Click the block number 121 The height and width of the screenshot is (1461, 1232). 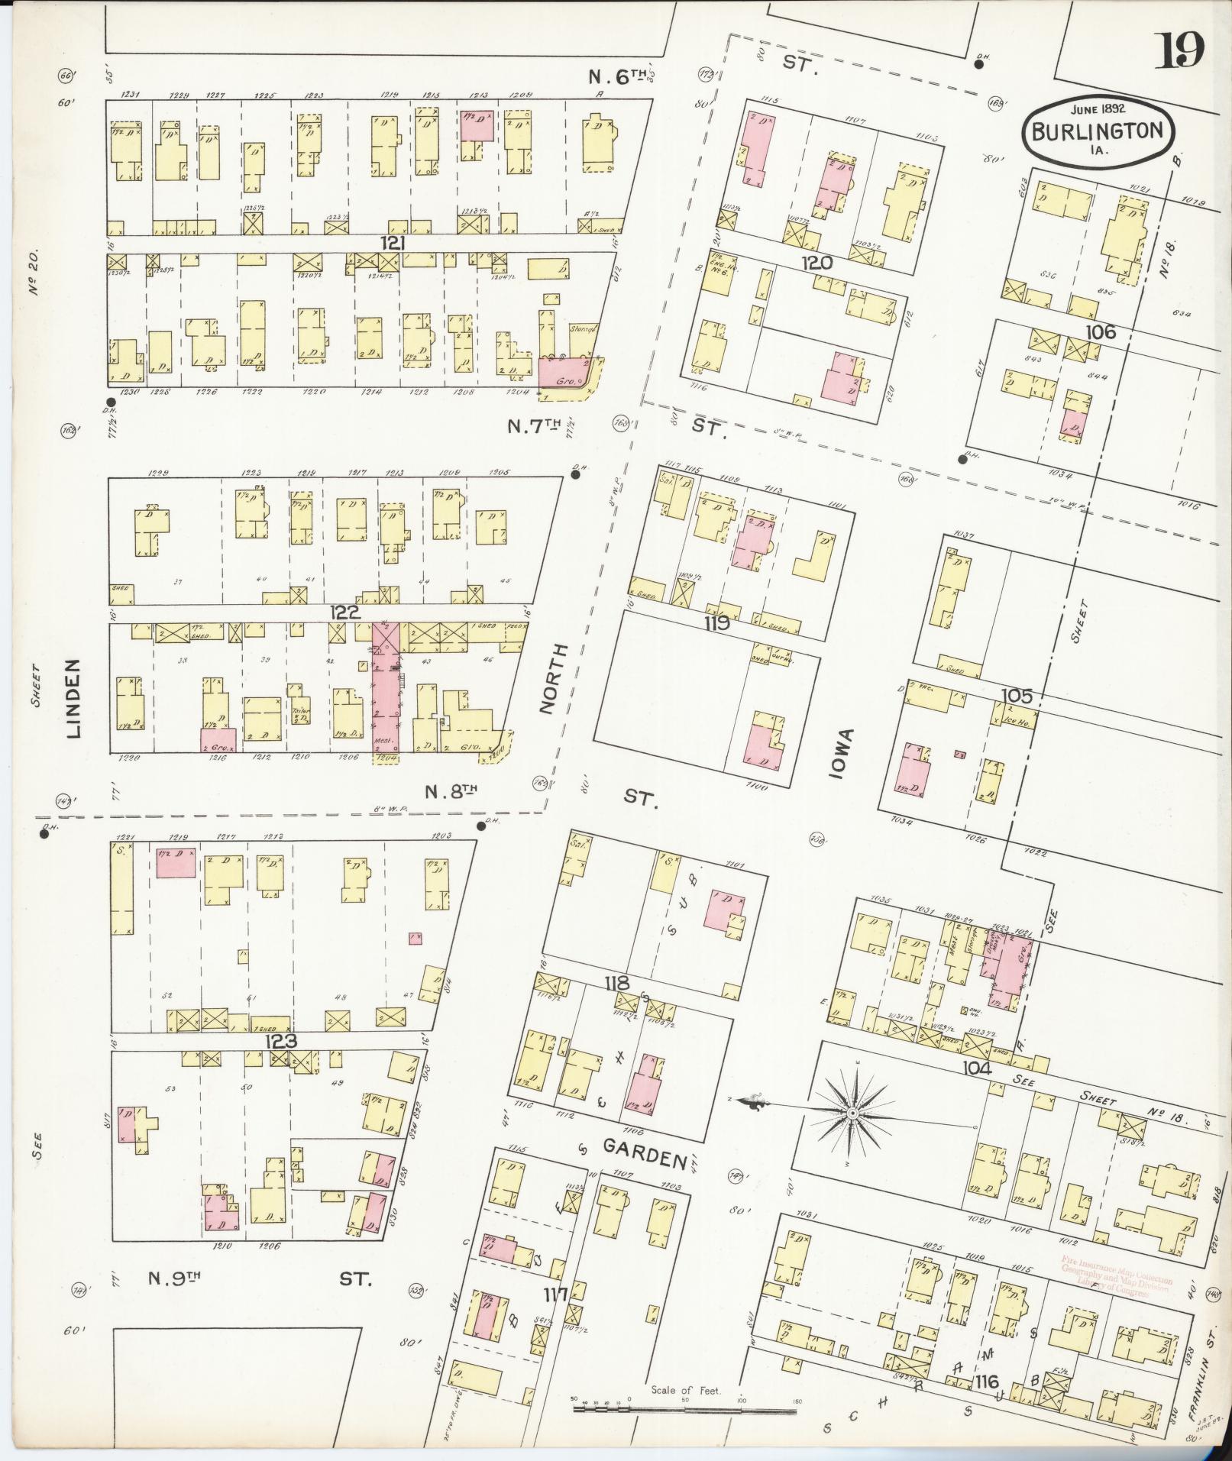click(x=393, y=244)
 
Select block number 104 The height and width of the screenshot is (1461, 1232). click(x=977, y=1068)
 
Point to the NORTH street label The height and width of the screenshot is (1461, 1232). click(x=555, y=679)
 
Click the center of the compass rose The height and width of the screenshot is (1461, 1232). click(x=851, y=1114)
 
